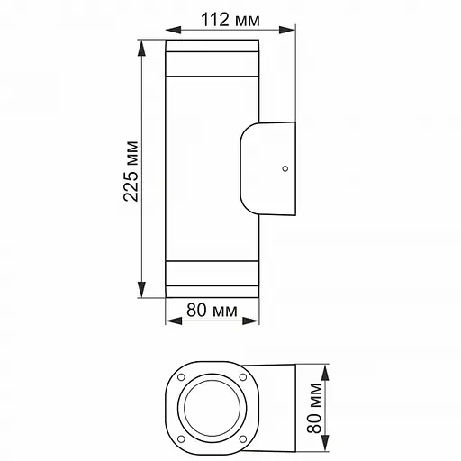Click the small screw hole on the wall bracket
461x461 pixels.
click(x=284, y=167)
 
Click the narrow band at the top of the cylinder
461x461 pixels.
click(x=212, y=68)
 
